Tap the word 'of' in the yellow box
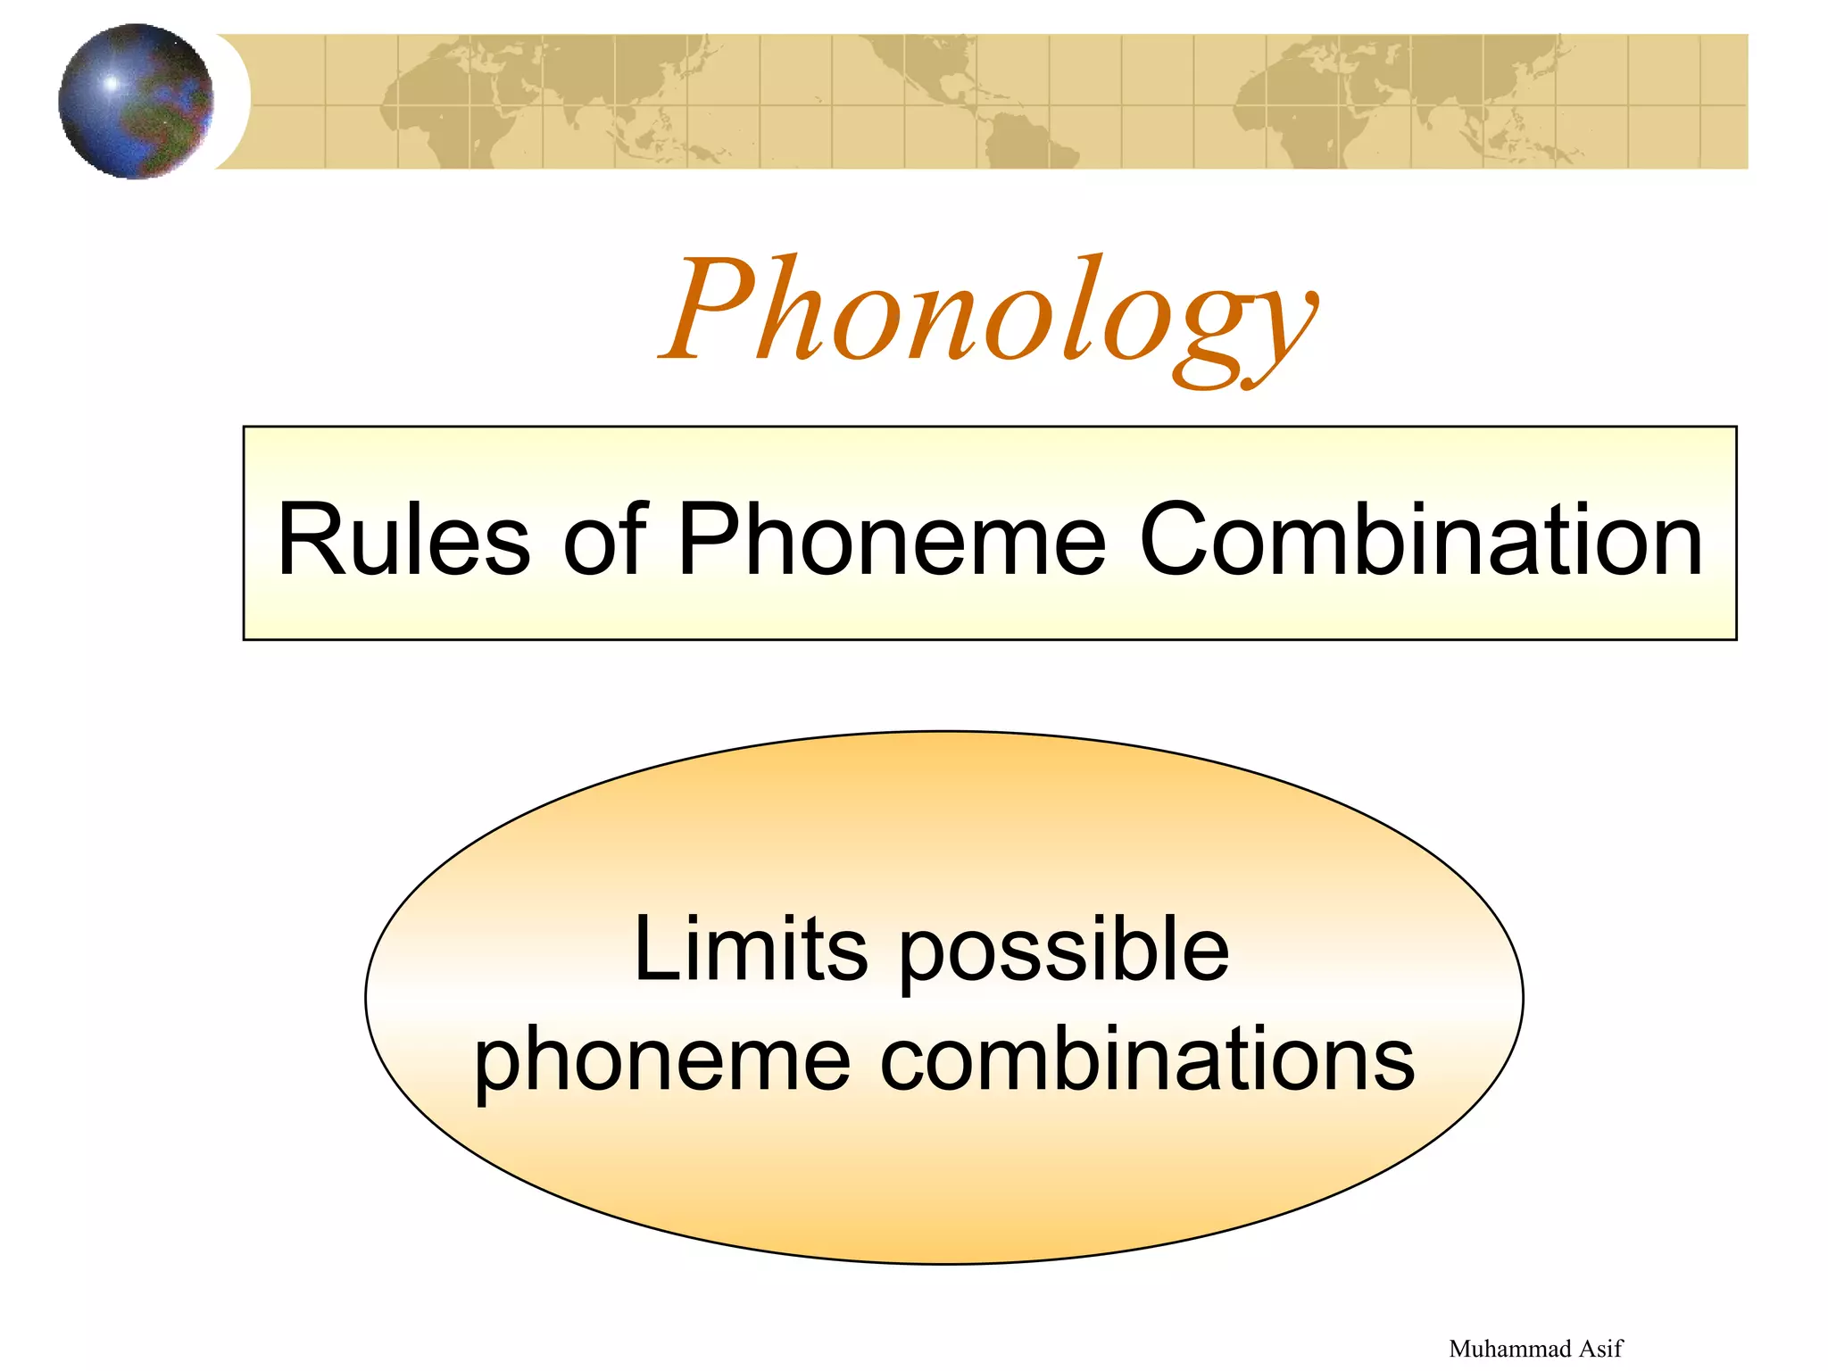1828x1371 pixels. click(604, 539)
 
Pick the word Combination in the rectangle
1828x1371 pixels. click(1421, 541)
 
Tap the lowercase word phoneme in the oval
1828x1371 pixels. click(661, 1062)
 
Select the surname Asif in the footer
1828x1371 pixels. click(1601, 1348)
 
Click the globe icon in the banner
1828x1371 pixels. click(136, 101)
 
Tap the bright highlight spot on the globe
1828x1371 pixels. click(112, 83)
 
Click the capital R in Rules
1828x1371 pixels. click(308, 539)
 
